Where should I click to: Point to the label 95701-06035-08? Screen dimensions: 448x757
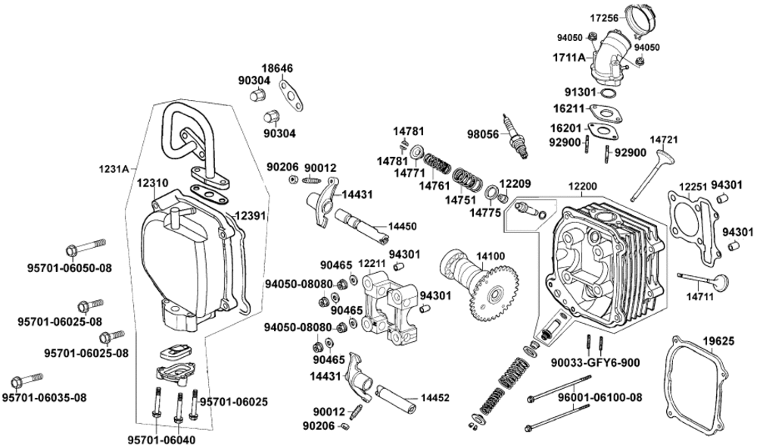pyautogui.click(x=44, y=397)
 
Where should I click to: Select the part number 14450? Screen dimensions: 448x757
pyautogui.click(x=402, y=227)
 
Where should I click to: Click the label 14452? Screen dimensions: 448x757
pyautogui.click(x=435, y=396)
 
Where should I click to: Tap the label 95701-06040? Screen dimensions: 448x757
pyautogui.click(x=160, y=438)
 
